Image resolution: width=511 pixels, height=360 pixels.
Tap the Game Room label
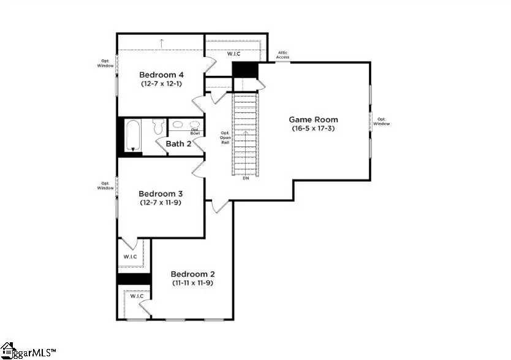click(313, 119)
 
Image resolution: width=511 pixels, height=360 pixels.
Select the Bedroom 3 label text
click(161, 193)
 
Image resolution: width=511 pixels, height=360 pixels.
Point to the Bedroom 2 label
click(192, 274)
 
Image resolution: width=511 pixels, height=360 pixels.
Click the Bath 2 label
click(178, 144)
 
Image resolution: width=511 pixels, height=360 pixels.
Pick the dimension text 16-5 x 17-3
click(313, 129)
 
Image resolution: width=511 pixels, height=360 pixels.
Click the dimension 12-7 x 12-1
click(161, 83)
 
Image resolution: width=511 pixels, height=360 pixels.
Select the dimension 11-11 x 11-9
click(192, 283)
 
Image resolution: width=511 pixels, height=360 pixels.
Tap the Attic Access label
click(282, 55)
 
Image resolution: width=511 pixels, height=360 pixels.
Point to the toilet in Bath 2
click(157, 127)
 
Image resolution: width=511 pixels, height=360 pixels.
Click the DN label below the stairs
click(246, 179)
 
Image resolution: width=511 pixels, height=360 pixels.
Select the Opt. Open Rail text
click(225, 139)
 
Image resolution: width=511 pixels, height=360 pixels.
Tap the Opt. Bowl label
click(195, 131)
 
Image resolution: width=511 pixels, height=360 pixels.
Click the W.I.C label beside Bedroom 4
click(234, 54)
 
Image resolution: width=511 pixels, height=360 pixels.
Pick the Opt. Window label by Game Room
click(382, 121)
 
